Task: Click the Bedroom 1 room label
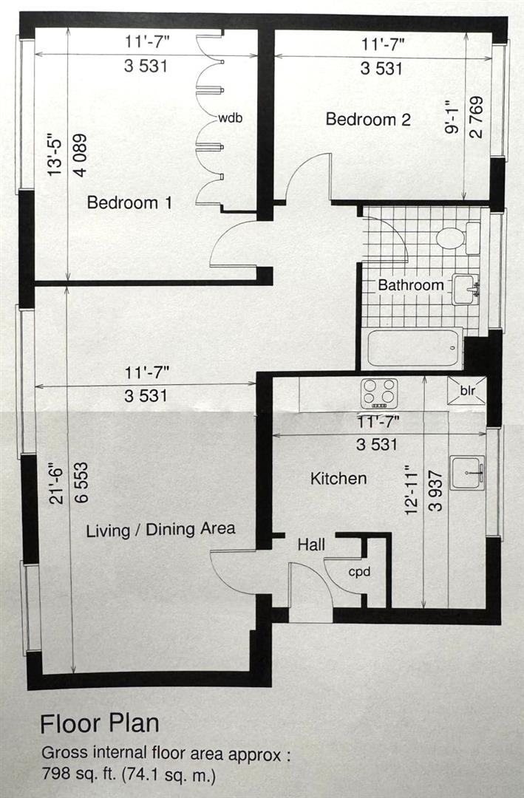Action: [x=129, y=202]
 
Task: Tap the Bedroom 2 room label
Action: [x=367, y=120]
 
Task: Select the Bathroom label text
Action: [x=410, y=285]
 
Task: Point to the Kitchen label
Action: [x=338, y=478]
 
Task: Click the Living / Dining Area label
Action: [x=160, y=530]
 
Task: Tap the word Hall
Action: [x=311, y=545]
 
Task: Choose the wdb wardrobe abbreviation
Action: [x=230, y=118]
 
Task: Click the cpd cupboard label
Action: [x=359, y=572]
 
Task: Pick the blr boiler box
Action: [x=466, y=391]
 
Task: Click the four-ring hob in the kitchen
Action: [x=379, y=393]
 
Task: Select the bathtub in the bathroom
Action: [x=414, y=349]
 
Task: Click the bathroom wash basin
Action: [x=465, y=290]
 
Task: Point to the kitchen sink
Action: [x=466, y=473]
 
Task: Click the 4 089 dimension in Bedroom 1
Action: [x=80, y=155]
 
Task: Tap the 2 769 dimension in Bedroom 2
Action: [x=477, y=117]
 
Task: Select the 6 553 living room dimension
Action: [x=81, y=483]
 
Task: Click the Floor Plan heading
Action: [x=100, y=723]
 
